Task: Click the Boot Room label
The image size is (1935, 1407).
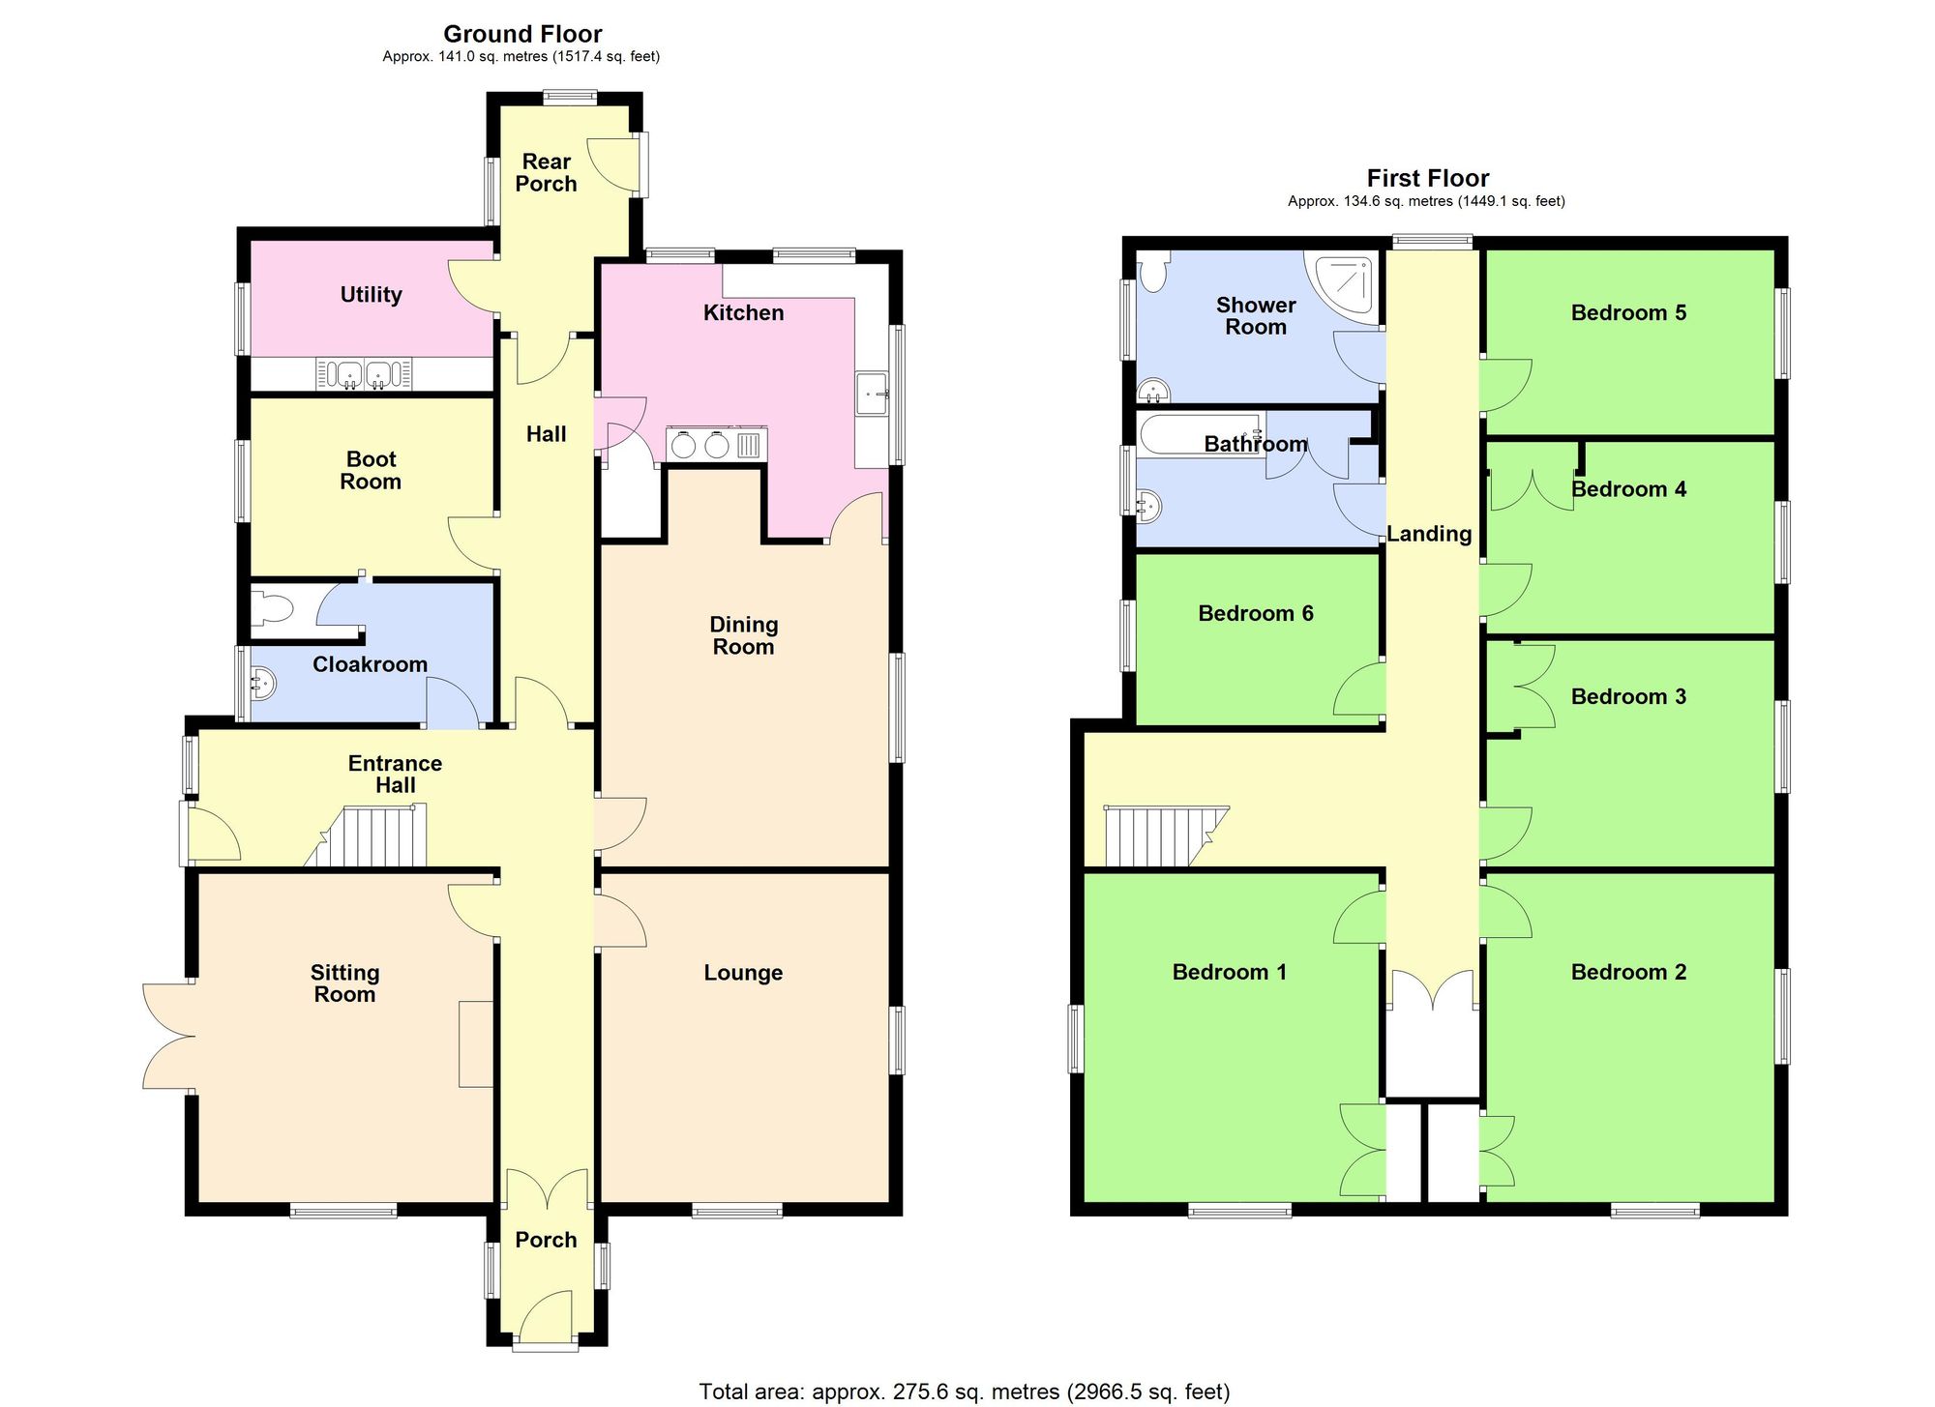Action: tap(371, 470)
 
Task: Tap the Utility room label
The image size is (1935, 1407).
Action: tap(371, 294)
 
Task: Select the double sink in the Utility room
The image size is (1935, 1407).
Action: tap(364, 373)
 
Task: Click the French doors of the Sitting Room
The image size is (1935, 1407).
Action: tap(168, 1037)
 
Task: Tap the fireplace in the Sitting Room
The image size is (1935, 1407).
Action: tap(476, 1043)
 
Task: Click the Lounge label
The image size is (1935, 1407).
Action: tap(743, 973)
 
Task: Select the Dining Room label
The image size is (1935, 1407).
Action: tap(743, 635)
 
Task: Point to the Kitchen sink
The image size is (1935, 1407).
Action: tap(873, 394)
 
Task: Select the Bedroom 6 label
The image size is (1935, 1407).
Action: tap(1255, 613)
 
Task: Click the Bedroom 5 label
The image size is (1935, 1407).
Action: tap(1628, 312)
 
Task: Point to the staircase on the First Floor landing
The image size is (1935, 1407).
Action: tap(1161, 836)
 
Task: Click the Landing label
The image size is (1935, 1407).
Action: tap(1429, 534)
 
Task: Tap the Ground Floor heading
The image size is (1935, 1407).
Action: tap(522, 35)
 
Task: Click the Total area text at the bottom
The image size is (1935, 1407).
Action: tap(965, 1392)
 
